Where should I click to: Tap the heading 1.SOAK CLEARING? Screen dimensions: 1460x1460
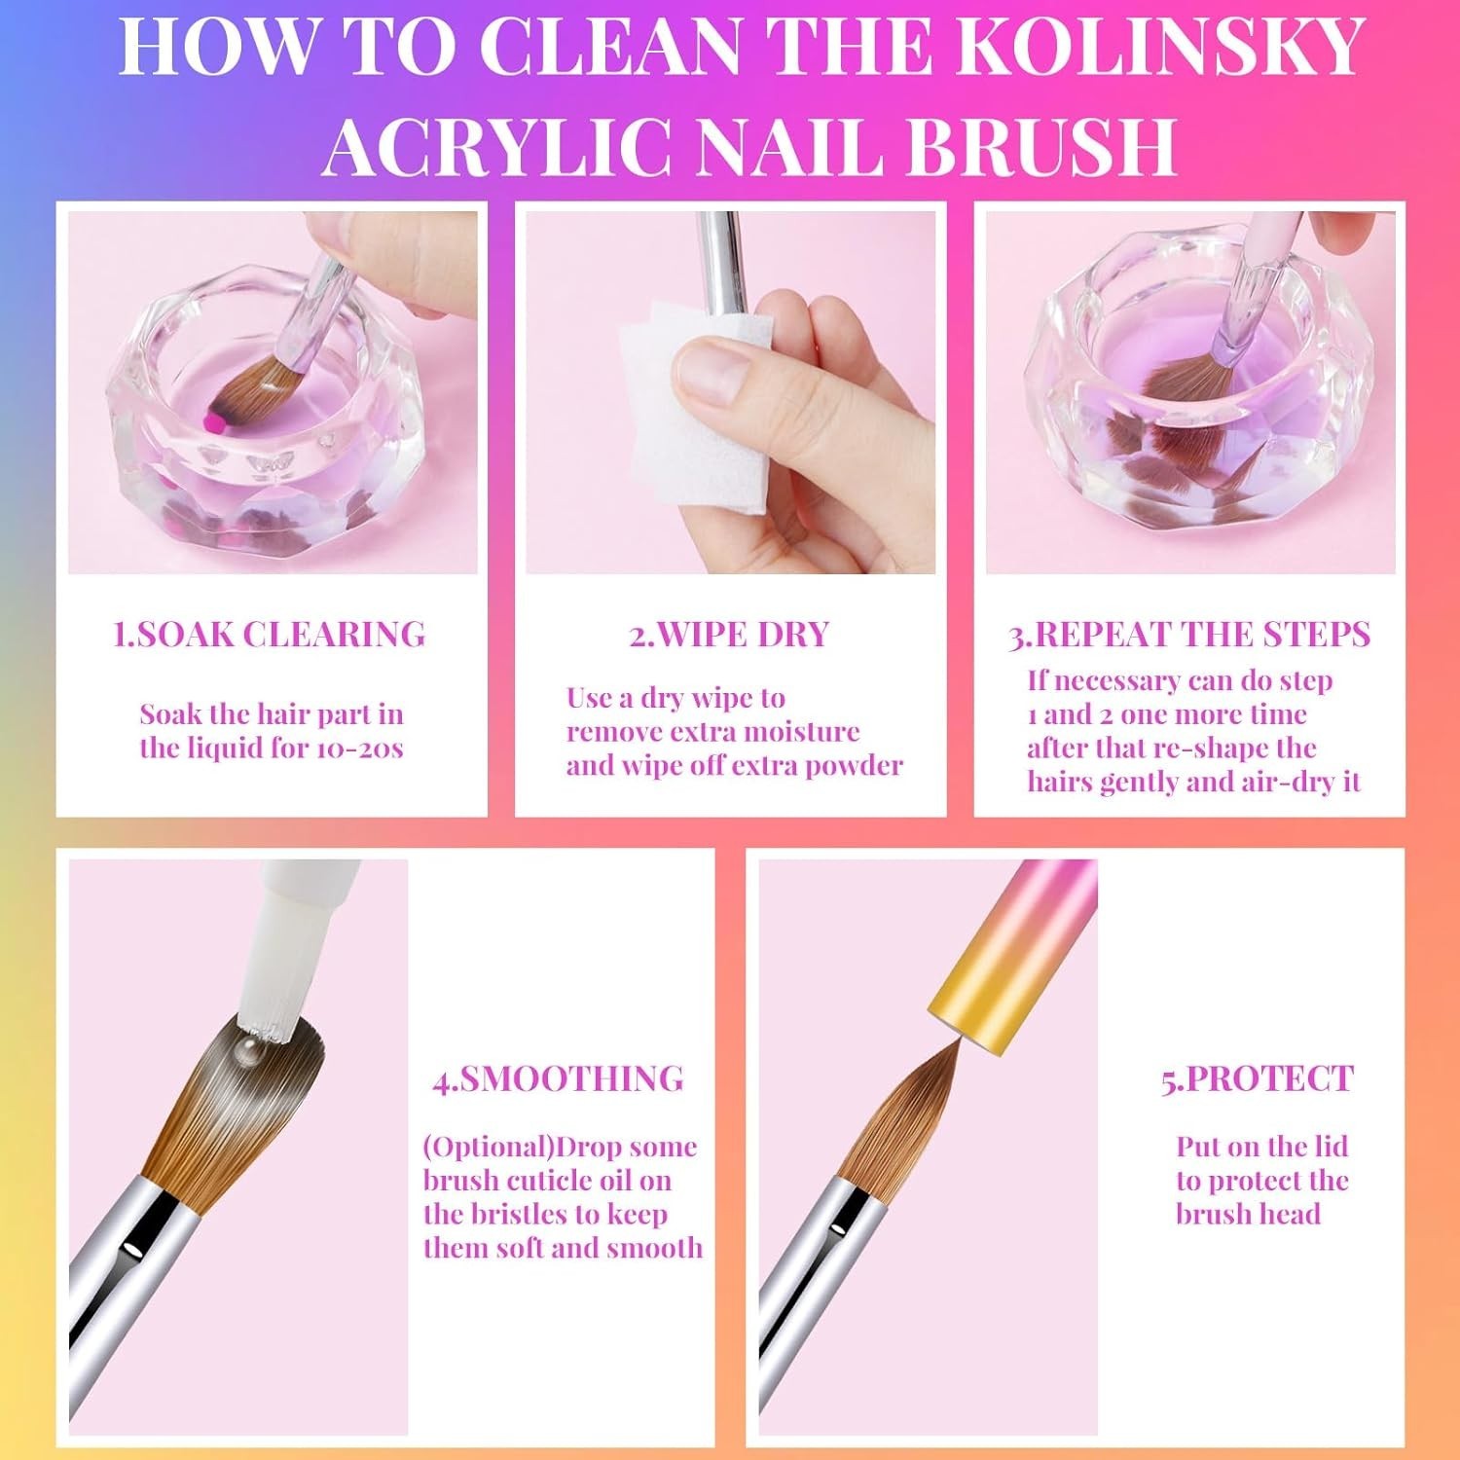(270, 635)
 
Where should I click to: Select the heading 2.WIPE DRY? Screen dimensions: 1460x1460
(729, 635)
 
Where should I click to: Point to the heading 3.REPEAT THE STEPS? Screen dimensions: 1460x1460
(1188, 635)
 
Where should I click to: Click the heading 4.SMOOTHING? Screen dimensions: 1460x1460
(559, 1078)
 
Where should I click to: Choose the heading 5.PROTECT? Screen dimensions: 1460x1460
(1258, 1078)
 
